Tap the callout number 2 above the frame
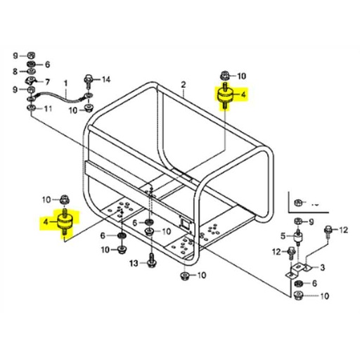tap(183, 85)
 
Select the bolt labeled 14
tap(88, 80)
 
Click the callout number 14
tap(107, 79)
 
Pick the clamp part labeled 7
tap(32, 82)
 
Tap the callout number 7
tap(48, 82)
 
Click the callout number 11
tap(49, 108)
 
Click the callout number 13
tap(132, 263)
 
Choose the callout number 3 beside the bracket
tap(323, 267)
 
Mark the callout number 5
tap(283, 235)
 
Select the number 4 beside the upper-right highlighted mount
tap(243, 93)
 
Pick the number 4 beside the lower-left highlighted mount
tap(46, 222)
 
